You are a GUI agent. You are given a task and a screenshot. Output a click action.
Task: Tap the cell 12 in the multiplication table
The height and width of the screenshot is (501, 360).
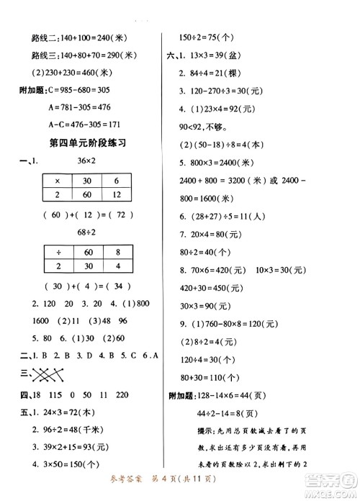[117, 194]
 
